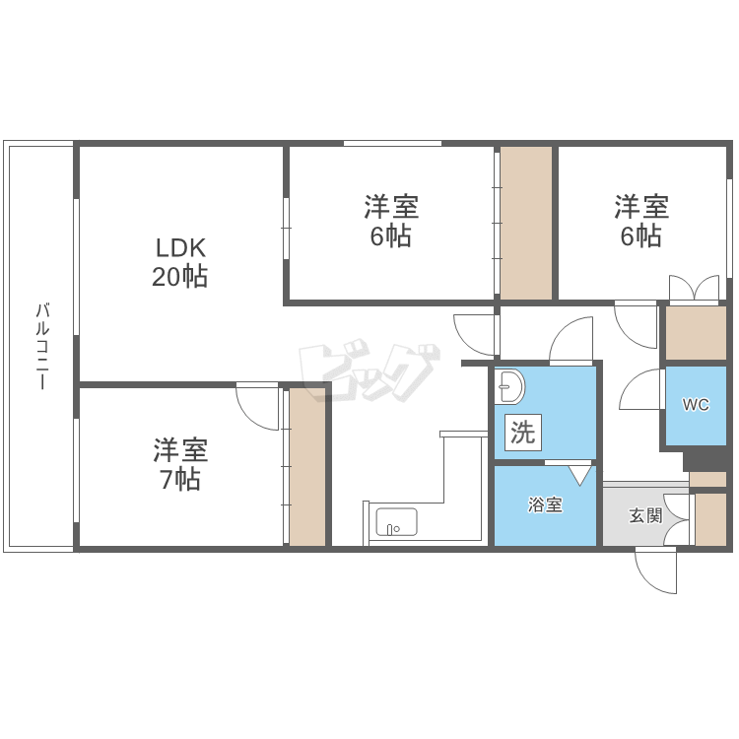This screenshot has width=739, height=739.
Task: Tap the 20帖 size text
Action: tap(178, 277)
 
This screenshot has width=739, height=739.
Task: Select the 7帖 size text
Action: tap(178, 481)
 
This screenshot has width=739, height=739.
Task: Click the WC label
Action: tap(696, 405)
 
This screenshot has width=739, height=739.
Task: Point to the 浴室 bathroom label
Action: tap(545, 505)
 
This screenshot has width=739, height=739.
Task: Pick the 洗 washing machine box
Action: tap(522, 433)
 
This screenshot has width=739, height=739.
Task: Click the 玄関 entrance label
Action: tap(645, 514)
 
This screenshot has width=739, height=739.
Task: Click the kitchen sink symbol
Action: tap(396, 522)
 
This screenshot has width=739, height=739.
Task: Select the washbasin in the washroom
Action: tap(509, 387)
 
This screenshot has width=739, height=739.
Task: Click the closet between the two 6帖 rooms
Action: tap(525, 223)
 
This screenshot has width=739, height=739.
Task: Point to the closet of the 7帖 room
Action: tap(307, 467)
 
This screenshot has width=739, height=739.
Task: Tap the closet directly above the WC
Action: tap(695, 333)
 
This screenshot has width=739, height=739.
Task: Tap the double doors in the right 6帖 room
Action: tap(695, 287)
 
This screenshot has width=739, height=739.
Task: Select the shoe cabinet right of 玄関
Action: tap(709, 519)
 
